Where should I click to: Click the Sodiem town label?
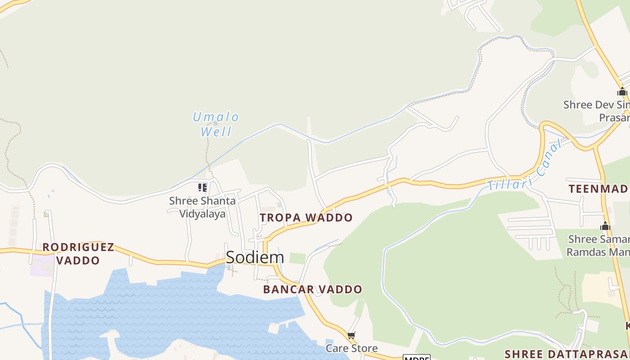coord(255,257)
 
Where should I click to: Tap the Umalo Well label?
coord(216,124)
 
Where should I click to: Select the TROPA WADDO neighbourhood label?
coord(306,218)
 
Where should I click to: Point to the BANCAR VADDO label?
coord(313,289)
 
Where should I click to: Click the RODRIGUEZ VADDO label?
coord(78,254)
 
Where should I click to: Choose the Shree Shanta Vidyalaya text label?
coord(202,207)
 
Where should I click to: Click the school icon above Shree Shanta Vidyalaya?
coord(202,187)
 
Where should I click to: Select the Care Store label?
coord(351,348)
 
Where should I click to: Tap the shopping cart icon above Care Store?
coord(351,336)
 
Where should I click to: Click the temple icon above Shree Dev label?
coord(622,92)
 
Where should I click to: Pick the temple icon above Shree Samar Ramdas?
coord(605,226)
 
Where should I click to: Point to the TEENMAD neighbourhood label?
coord(598,189)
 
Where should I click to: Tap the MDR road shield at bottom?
coord(416,357)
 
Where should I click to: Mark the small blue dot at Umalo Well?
coord(216,123)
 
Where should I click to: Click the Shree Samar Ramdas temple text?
coord(598,245)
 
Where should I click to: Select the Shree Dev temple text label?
coord(597,111)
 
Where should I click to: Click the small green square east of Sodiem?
coord(297,258)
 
